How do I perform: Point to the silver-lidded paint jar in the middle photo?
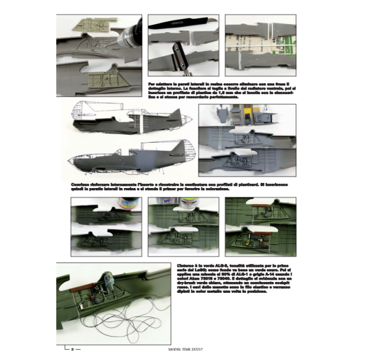[187, 203]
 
